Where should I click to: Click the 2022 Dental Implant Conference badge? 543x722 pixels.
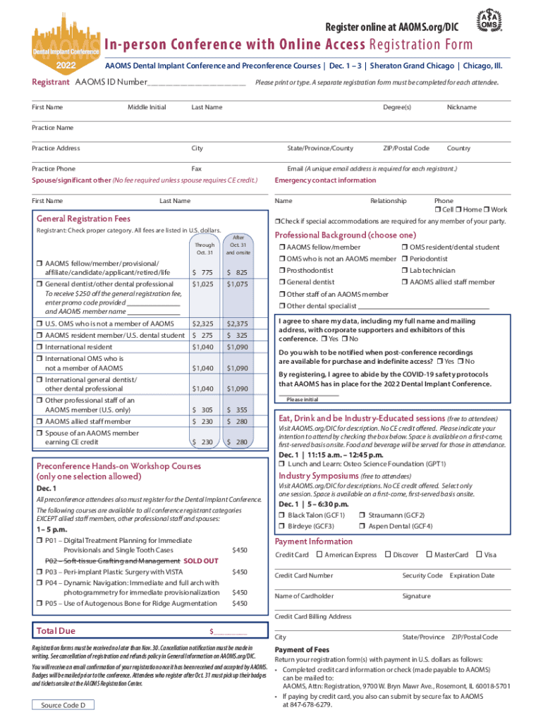click(64, 44)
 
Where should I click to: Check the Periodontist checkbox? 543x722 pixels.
click(404, 259)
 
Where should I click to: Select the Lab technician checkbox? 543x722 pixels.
click(404, 271)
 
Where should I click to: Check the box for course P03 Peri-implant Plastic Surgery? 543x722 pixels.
click(39, 572)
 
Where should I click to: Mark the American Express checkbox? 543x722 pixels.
click(319, 555)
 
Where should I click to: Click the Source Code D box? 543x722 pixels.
click(63, 705)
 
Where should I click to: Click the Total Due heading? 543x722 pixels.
click(56, 630)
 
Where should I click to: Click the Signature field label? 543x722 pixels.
click(416, 596)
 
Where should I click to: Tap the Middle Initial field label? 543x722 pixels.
click(147, 107)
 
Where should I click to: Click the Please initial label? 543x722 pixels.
click(302, 400)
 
